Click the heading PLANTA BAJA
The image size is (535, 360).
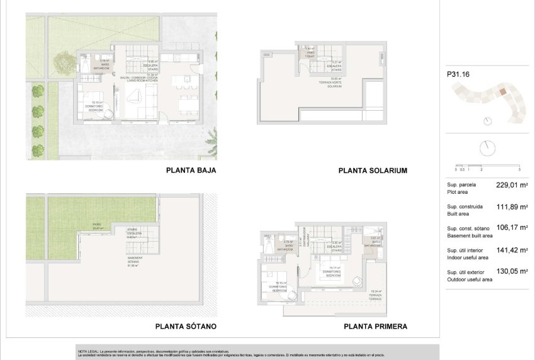pos(191,170)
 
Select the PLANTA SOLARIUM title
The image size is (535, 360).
pos(373,171)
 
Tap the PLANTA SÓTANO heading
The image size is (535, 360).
pos(186,327)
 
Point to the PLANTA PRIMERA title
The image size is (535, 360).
pos(375,327)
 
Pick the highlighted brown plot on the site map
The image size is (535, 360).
pos(503,91)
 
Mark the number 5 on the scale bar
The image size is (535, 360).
pos(519,170)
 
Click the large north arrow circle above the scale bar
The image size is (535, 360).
pos(487,149)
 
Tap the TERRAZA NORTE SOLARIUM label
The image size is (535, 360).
pos(334,82)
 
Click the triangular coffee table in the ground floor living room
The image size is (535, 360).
pos(134,96)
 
